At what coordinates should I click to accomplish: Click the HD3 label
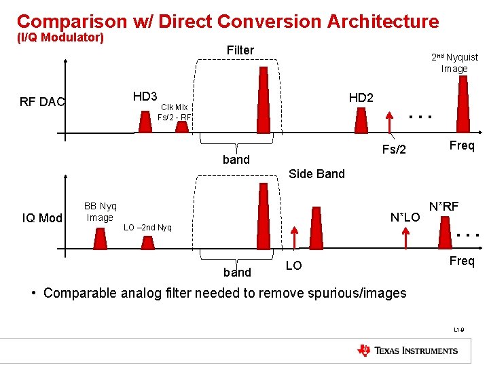coord(145,97)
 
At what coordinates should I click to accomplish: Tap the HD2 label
coord(361,98)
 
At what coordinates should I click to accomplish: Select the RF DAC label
coord(42,103)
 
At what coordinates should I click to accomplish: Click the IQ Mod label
coord(42,218)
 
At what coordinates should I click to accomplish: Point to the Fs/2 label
coord(394,150)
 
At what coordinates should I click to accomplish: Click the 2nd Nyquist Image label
coord(454,63)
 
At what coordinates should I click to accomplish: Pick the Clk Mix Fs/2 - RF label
coord(174,112)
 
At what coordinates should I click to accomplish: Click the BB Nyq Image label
coord(100,212)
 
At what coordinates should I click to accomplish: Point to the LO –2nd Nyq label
coord(147,227)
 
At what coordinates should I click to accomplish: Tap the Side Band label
coord(316,174)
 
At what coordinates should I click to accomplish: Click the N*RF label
coord(443,206)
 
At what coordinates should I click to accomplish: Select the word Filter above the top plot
coord(240,50)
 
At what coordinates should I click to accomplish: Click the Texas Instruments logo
coord(407,351)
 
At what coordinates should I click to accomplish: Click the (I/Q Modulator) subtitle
coord(60,38)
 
